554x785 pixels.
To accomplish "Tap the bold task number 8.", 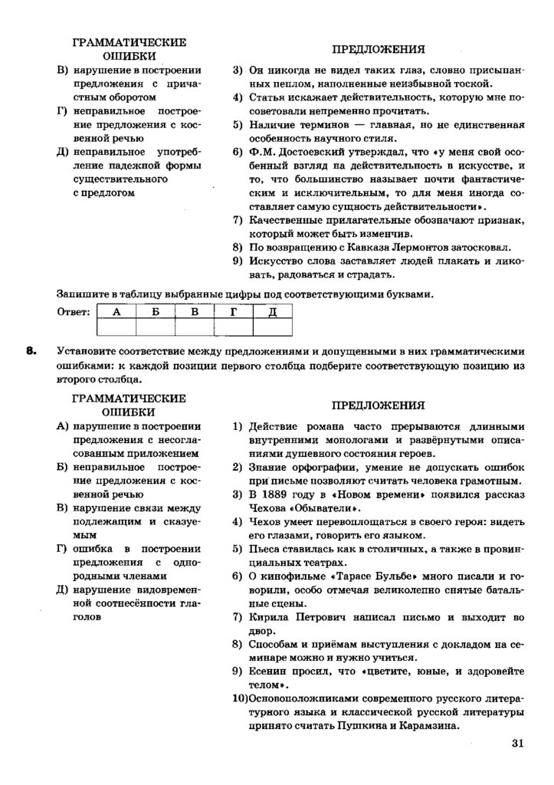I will [31, 352].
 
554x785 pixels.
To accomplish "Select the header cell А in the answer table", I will [116, 312].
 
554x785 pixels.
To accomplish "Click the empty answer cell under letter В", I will [195, 328].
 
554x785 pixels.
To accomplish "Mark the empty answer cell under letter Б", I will [156, 328].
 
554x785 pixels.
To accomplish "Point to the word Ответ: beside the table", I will [74, 312].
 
